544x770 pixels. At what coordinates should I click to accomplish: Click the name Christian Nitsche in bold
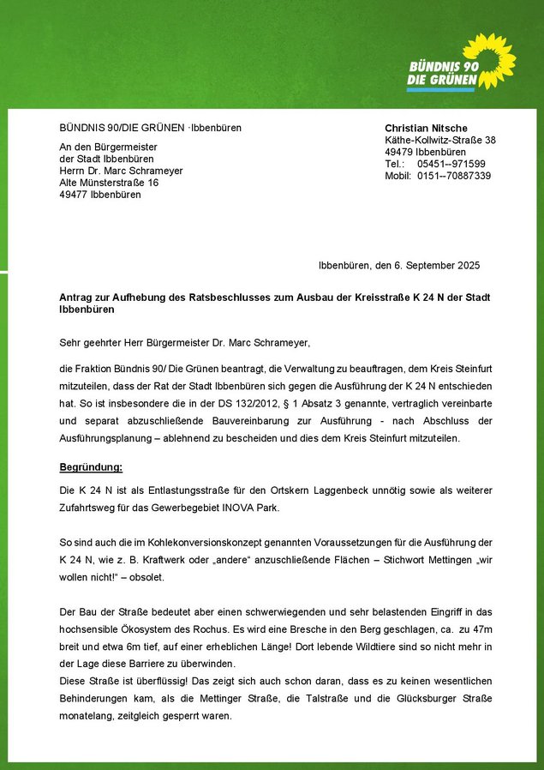[x=426, y=128]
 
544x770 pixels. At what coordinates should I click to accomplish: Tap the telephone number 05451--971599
[x=451, y=164]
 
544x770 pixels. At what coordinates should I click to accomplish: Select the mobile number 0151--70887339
[x=454, y=176]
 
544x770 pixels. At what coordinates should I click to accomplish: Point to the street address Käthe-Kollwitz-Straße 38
[x=440, y=140]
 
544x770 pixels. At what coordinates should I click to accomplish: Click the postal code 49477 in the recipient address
[x=73, y=195]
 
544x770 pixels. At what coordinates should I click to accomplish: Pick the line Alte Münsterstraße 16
[x=109, y=183]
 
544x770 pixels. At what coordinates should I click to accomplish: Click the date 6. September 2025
[x=439, y=266]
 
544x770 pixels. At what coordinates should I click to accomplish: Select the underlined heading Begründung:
[x=91, y=467]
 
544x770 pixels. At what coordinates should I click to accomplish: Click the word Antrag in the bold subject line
[x=77, y=297]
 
